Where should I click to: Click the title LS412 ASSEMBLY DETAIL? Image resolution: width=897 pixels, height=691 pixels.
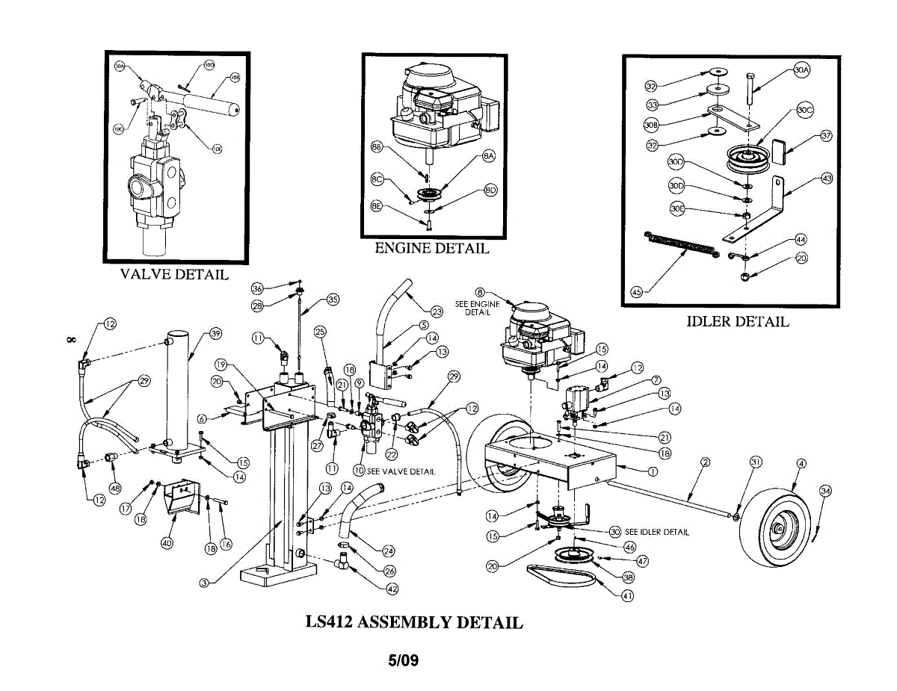point(414,622)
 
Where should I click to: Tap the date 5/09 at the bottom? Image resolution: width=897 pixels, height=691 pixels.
point(403,660)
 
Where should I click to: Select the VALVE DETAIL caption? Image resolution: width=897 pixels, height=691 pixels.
point(174,274)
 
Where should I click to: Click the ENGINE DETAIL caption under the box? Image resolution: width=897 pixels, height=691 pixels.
point(431,249)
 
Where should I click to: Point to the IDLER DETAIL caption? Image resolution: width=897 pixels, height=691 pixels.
point(737,322)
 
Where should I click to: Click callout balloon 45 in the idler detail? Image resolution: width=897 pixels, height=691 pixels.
point(636,292)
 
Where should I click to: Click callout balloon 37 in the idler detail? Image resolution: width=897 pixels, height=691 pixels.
point(826,136)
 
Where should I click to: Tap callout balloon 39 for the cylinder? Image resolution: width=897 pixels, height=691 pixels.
point(215,333)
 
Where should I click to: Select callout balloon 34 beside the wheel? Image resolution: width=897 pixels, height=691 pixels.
point(825,491)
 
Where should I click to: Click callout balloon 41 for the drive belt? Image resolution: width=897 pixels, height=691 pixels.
point(628,595)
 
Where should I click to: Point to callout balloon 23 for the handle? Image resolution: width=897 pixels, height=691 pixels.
point(437,312)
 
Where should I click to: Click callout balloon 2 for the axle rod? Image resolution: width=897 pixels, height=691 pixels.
point(705,462)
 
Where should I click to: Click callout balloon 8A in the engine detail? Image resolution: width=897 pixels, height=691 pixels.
point(489,157)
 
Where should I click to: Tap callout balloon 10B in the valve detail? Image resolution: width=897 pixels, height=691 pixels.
point(235,77)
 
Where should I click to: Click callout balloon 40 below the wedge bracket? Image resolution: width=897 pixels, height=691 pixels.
point(167,543)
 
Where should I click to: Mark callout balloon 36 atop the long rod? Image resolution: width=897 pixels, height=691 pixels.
point(257,288)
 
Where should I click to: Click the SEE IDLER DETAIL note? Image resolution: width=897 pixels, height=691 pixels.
point(656,532)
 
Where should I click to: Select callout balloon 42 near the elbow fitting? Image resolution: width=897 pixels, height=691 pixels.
point(392,588)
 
